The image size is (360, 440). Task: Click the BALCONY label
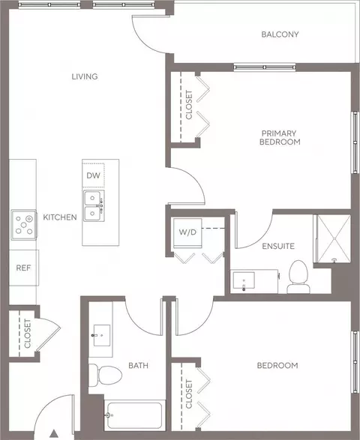coord(280,34)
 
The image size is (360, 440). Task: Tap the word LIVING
coord(85,76)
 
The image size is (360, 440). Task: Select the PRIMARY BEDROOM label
coord(280,137)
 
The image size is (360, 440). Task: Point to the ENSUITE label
coord(278,247)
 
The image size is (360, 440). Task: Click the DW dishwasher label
coord(93,175)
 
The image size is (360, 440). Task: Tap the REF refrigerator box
coord(23,268)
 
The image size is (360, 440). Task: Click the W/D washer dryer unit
coord(187,233)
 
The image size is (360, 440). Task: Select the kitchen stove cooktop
coord(24,225)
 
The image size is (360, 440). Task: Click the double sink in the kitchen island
coord(94,205)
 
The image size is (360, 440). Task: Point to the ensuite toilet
coord(298,277)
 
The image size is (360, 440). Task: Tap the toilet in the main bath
coord(105,376)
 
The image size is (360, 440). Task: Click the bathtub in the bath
coord(135,415)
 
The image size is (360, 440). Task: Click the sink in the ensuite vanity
coord(244,280)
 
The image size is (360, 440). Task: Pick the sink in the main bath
coord(102,335)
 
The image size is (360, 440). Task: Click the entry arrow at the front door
coord(54,433)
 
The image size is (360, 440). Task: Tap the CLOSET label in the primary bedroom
coord(189,105)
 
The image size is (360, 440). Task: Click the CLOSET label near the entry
coord(28,334)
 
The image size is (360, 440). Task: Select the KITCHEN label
coord(60,217)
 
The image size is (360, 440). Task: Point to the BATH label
coord(138,366)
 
